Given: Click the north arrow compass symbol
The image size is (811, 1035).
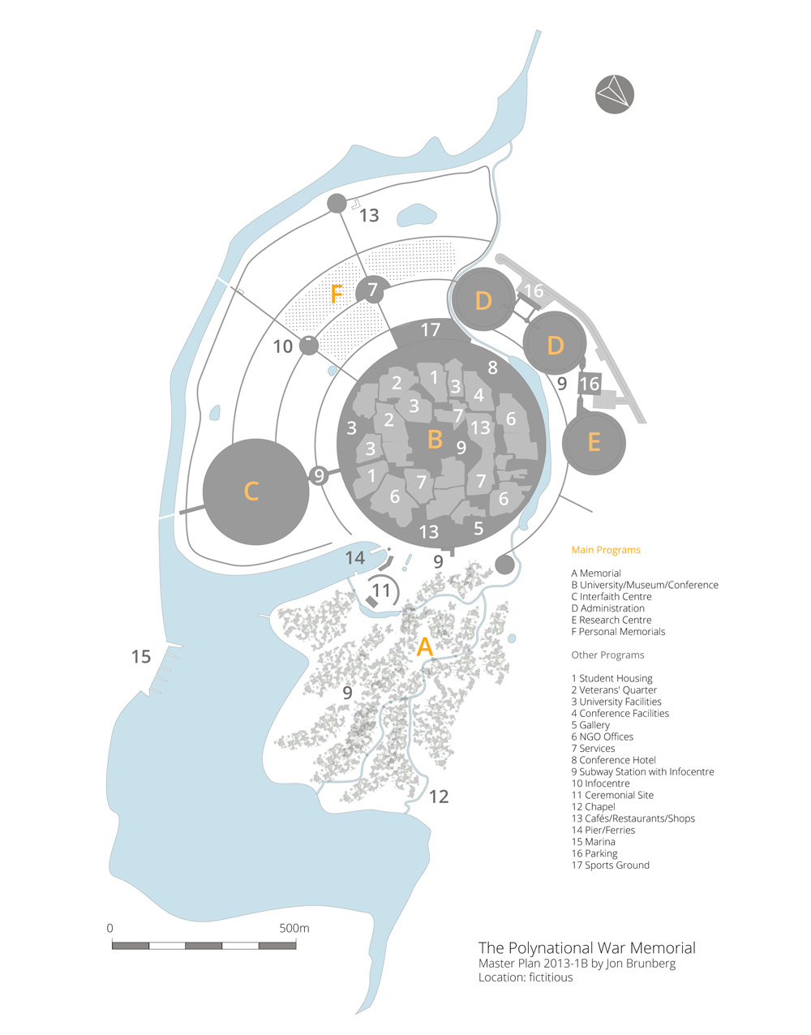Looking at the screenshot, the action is click(x=614, y=94).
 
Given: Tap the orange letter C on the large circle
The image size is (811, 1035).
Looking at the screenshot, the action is click(x=251, y=491).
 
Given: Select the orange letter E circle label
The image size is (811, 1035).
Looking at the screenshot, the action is click(x=594, y=443).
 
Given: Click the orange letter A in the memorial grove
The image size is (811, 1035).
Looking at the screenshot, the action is click(x=425, y=646).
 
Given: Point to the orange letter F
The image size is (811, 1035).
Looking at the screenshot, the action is click(x=337, y=294).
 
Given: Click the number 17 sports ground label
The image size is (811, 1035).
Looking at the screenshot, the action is click(x=431, y=329).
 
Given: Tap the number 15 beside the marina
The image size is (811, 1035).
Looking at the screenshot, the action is click(x=141, y=657).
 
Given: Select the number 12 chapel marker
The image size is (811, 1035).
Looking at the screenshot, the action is click(x=439, y=797).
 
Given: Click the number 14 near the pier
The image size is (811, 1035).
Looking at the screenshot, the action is click(x=354, y=558).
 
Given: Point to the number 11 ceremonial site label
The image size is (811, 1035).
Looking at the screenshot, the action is click(x=381, y=591).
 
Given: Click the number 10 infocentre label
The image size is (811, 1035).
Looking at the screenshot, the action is click(x=283, y=346).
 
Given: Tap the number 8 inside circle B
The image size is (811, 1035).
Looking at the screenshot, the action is click(x=493, y=367).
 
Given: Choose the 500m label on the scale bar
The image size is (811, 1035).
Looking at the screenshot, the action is click(x=294, y=928).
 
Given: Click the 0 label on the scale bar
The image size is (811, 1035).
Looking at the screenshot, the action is click(x=110, y=928).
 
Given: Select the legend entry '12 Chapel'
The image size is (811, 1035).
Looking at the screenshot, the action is click(x=594, y=806).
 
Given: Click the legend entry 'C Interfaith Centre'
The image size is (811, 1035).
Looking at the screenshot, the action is click(x=611, y=596).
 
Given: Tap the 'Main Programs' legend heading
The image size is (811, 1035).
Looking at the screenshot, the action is click(x=606, y=550).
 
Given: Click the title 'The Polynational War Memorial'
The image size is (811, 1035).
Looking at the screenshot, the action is click(x=586, y=948).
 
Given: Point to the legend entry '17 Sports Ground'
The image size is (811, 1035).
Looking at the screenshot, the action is click(x=611, y=865).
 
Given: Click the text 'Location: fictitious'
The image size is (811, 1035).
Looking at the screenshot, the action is click(x=526, y=977).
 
